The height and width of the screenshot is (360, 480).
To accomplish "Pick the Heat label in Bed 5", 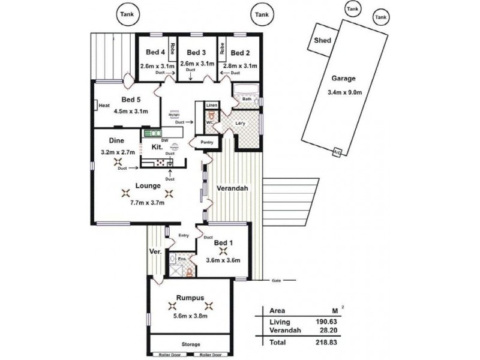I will (104, 106).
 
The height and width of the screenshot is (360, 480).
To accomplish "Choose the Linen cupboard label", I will (211, 105).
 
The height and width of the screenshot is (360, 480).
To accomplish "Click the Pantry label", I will (199, 143).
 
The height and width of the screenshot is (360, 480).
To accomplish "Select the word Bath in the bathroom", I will (246, 98).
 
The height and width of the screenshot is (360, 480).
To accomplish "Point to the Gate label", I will (276, 280).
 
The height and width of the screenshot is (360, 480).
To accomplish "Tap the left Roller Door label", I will (168, 355).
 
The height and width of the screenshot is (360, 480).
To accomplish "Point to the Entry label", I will (184, 236).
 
